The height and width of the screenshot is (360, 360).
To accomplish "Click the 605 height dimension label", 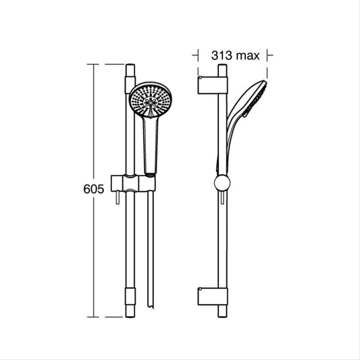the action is coord(94,189).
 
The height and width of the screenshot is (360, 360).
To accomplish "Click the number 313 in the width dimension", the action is coord(222,55).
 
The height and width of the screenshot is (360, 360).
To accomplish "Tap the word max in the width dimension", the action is coord(248,57).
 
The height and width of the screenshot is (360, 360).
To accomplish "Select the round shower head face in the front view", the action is coord(151,100).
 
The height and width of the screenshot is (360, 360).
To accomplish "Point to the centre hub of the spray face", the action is coord(151,103).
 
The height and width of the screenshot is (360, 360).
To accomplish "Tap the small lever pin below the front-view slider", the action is coord(118,198).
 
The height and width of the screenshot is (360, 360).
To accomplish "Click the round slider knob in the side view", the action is coord(222,183).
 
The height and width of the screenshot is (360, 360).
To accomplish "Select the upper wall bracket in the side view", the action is coord(213,85).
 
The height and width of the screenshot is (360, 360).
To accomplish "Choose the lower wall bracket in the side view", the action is coord(213,297).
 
